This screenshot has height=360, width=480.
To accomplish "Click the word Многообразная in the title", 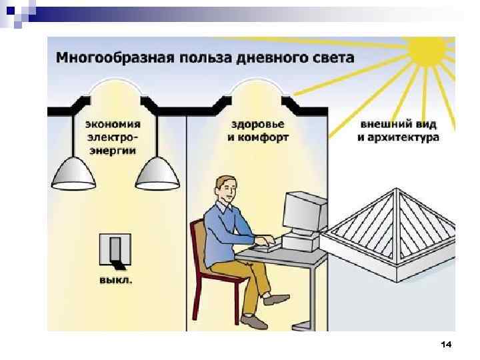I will pyautogui.click(x=113, y=57).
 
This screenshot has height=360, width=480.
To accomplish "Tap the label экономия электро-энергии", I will pyautogui.click(x=112, y=137).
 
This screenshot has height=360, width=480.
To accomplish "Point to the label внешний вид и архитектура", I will pyautogui.click(x=398, y=131).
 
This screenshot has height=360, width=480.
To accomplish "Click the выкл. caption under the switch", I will pyautogui.click(x=115, y=280).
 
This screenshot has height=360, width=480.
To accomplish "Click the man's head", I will pyautogui.click(x=227, y=190).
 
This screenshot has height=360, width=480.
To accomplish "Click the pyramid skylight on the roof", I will pyautogui.click(x=393, y=230).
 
